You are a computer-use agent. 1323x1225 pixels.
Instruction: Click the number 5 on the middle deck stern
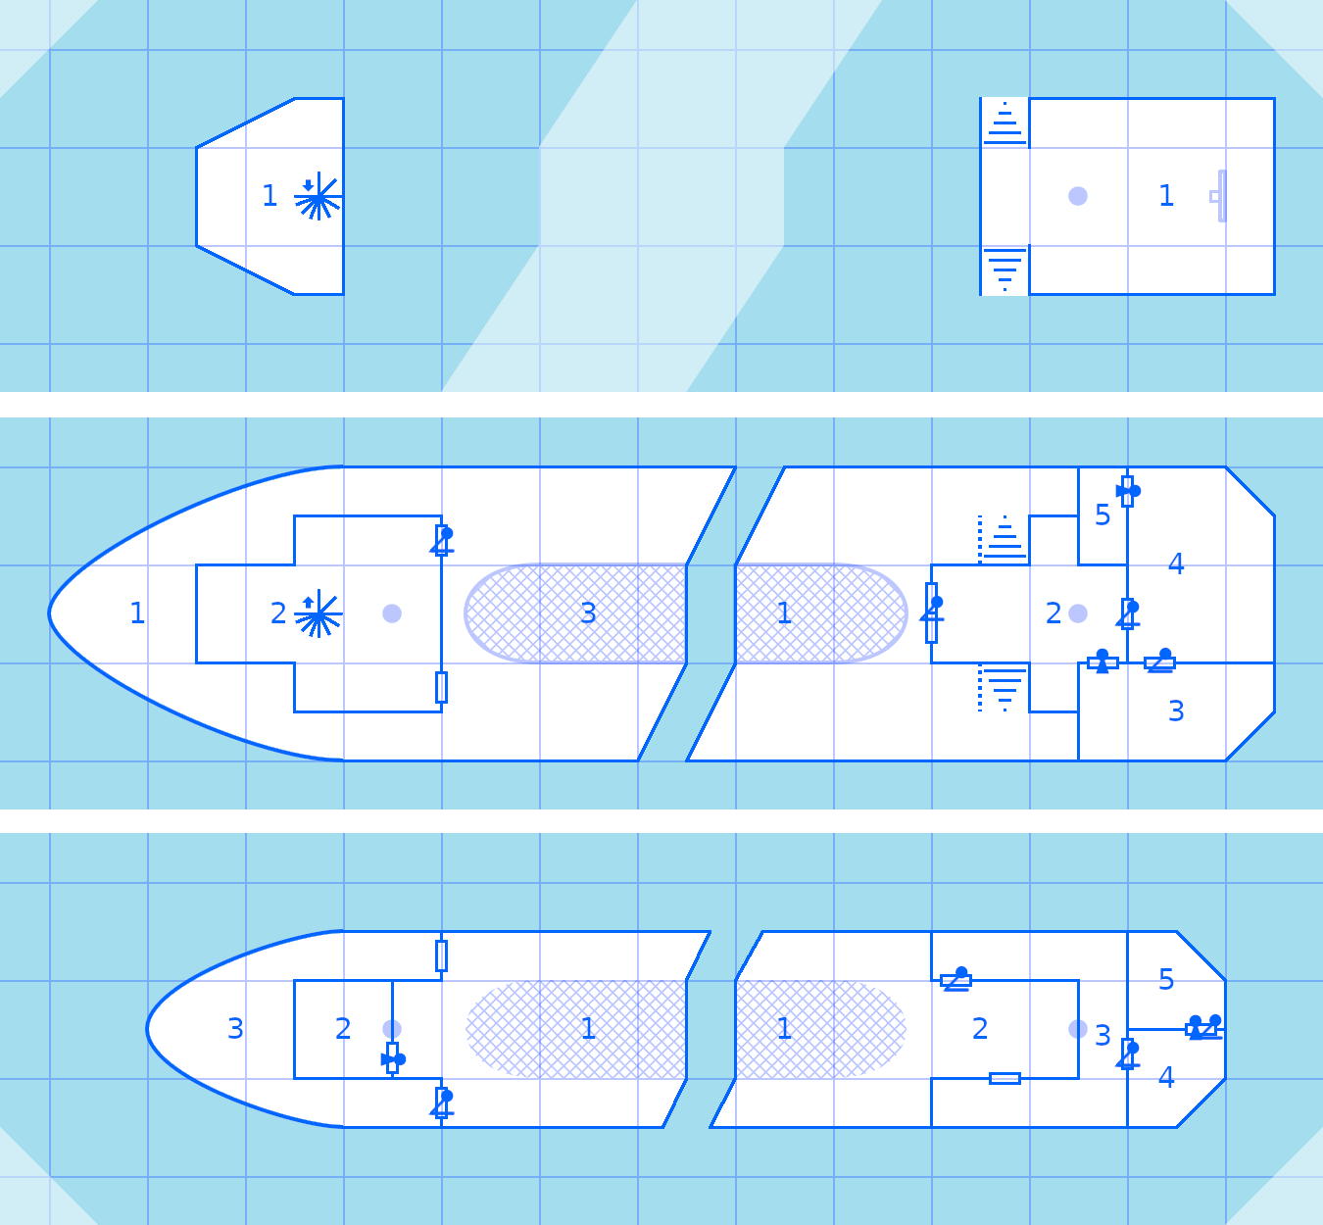click(x=1102, y=515)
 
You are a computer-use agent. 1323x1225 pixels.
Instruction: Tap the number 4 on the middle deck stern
click(x=1176, y=564)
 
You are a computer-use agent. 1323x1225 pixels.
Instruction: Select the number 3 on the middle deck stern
click(x=1176, y=711)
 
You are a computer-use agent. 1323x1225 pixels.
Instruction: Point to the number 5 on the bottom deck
click(x=1166, y=980)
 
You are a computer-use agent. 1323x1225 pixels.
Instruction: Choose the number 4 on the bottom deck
click(x=1166, y=1078)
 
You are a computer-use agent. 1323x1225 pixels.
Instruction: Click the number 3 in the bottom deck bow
click(x=235, y=1029)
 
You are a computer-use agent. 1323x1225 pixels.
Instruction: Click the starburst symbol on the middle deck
click(x=318, y=615)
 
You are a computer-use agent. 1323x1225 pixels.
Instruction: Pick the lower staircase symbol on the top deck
click(x=1004, y=269)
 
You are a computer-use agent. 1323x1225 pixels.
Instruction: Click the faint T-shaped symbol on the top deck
click(x=1219, y=196)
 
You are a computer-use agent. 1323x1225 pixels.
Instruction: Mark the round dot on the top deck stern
click(x=1078, y=196)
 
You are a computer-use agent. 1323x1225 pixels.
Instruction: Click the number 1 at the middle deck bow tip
click(x=137, y=613)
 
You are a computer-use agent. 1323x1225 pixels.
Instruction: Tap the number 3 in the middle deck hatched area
click(x=588, y=613)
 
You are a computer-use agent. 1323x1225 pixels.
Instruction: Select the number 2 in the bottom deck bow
click(x=343, y=1029)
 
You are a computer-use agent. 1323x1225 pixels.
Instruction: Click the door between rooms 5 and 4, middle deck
click(x=1127, y=491)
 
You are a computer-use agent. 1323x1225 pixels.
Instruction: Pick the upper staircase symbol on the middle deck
click(x=1004, y=538)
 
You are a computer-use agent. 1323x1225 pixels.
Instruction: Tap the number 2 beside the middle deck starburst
click(x=278, y=613)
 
